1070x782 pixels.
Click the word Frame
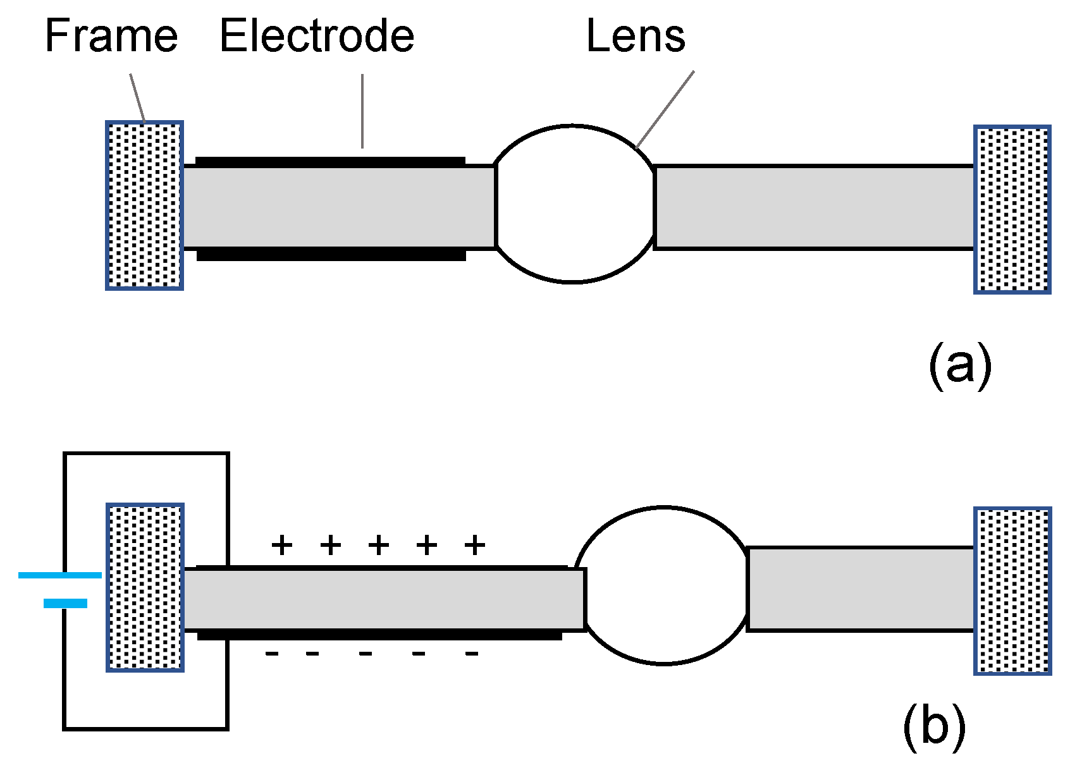pyautogui.click(x=111, y=36)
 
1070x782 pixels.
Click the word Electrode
pyautogui.click(x=317, y=36)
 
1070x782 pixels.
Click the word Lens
pyautogui.click(x=636, y=36)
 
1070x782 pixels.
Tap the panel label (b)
pyautogui.click(x=933, y=727)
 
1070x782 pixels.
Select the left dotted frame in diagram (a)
pyautogui.click(x=144, y=205)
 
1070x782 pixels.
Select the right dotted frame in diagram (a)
pyautogui.click(x=1012, y=209)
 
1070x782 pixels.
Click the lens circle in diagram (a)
pyautogui.click(x=574, y=204)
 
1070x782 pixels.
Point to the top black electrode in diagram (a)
pyautogui.click(x=330, y=162)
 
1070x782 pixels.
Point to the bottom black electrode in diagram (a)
pyautogui.click(x=331, y=255)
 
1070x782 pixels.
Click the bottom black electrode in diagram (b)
pyautogui.click(x=379, y=635)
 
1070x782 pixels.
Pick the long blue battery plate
pyautogui.click(x=60, y=575)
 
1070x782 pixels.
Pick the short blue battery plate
pyautogui.click(x=65, y=604)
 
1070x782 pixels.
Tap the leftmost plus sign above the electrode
pyautogui.click(x=282, y=544)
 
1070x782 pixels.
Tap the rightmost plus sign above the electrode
pyautogui.click(x=474, y=544)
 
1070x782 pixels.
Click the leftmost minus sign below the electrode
pyautogui.click(x=272, y=654)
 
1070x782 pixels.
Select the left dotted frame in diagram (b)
pyautogui.click(x=145, y=587)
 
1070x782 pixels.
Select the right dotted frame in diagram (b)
pyautogui.click(x=1012, y=590)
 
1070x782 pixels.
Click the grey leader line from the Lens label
pyautogui.click(x=665, y=109)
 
